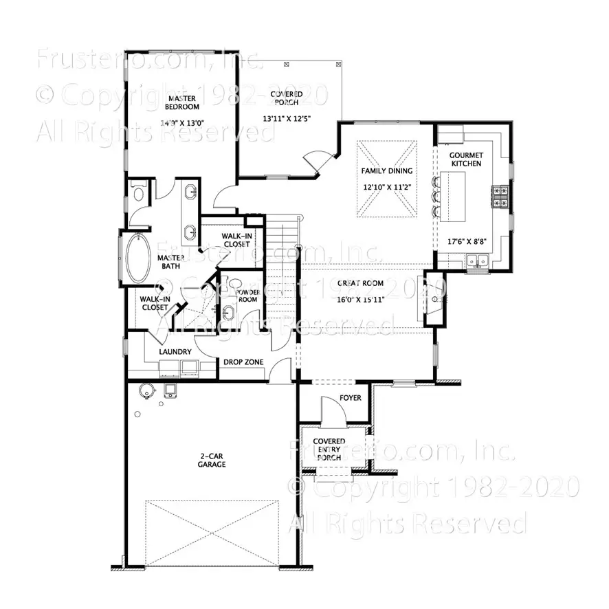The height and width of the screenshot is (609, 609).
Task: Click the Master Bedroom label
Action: (x=182, y=102)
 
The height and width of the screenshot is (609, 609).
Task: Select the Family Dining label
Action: (x=387, y=170)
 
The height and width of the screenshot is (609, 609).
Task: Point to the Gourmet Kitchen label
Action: (x=465, y=159)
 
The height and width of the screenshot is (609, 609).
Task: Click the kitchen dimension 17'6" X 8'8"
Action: (x=465, y=241)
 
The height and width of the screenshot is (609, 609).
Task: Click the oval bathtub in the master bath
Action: (x=137, y=259)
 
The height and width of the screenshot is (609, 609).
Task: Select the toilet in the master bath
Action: (x=138, y=194)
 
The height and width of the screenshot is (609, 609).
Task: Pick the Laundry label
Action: (x=175, y=352)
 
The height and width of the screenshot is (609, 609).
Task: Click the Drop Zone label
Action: (x=243, y=362)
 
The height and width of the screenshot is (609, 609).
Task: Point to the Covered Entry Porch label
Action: (x=329, y=450)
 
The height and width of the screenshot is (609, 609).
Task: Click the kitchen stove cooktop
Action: (x=500, y=196)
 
